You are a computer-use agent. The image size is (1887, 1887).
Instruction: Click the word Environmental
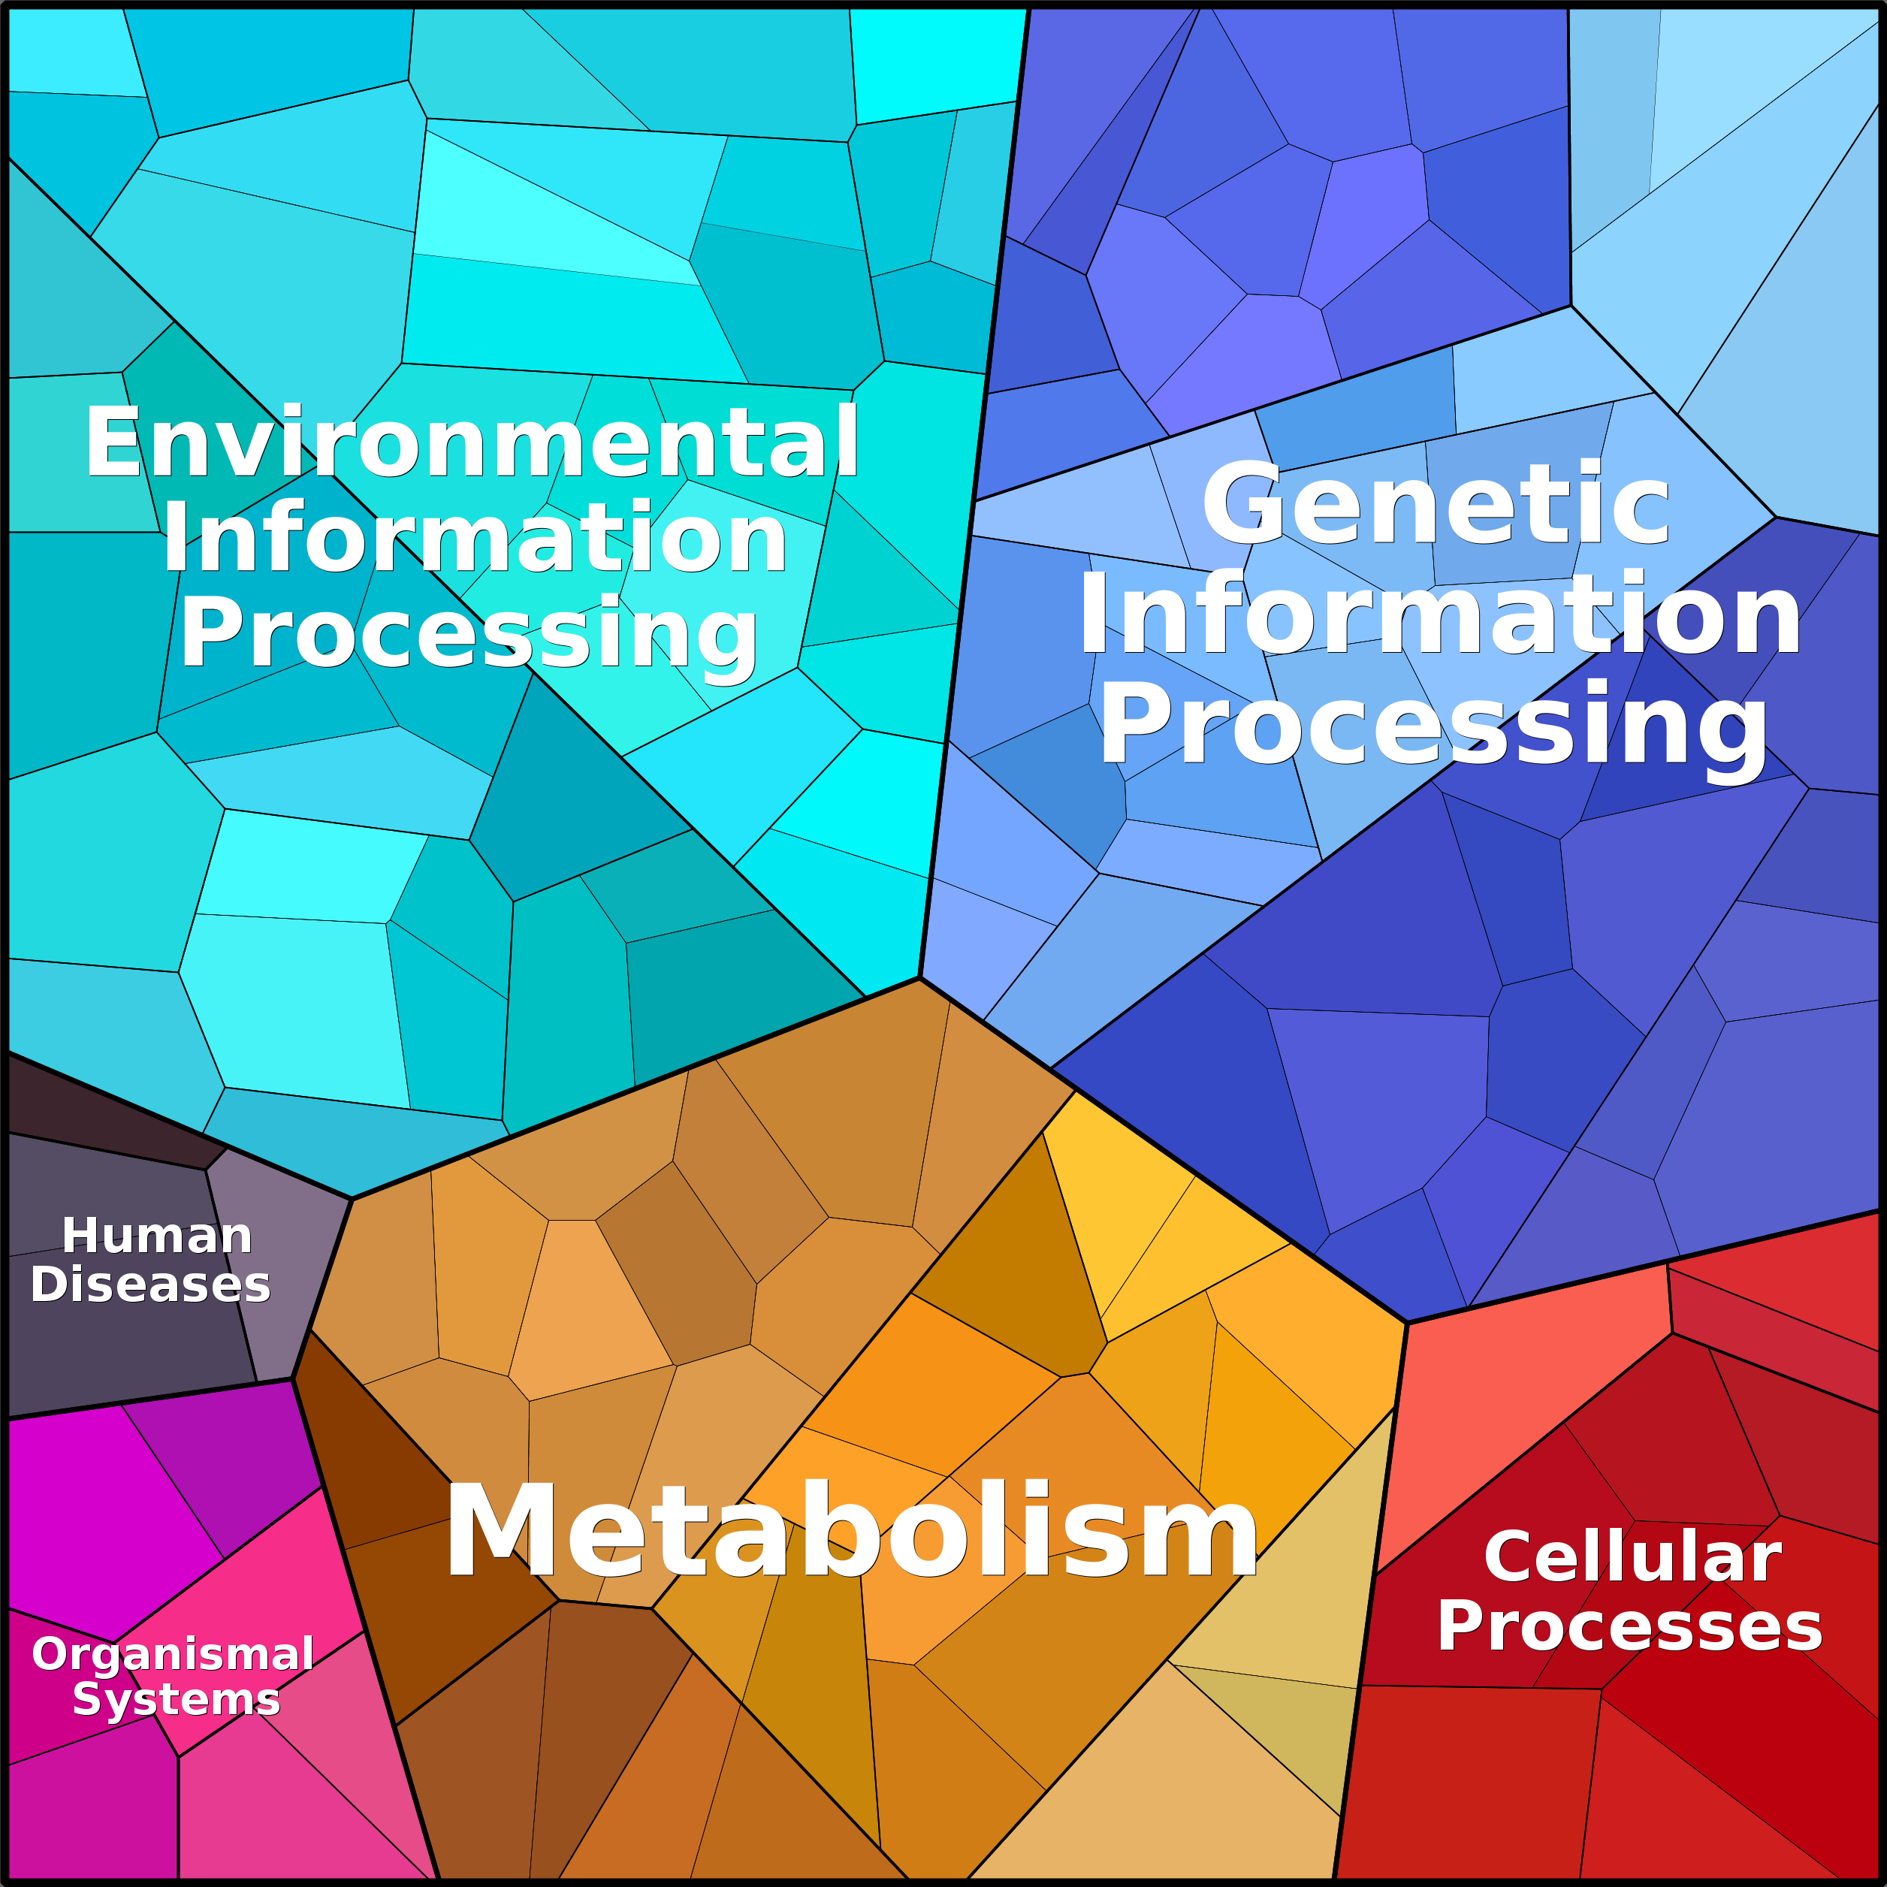(x=472, y=442)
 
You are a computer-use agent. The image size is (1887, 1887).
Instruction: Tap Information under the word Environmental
(x=475, y=536)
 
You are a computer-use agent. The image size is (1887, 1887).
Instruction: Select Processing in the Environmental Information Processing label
(x=469, y=636)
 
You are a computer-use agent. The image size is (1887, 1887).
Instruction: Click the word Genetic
(x=1436, y=505)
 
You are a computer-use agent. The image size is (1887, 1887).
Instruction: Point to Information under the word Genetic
(x=1440, y=615)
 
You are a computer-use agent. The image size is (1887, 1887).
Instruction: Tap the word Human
(x=157, y=1236)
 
